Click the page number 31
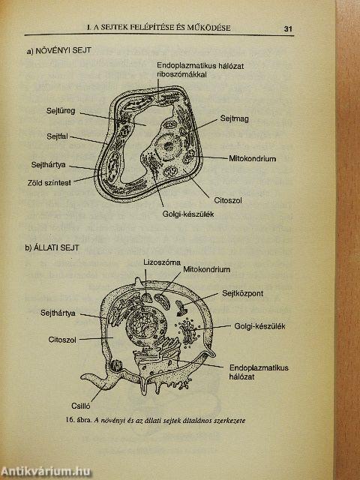tap(288, 28)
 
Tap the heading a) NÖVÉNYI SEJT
tap(59, 50)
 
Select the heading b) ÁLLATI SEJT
tap(52, 247)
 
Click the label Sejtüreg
tap(61, 110)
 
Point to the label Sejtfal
tap(57, 136)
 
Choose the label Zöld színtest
tap(49, 183)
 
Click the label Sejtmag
tap(234, 118)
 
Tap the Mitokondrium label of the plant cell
tap(253, 158)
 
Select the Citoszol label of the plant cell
tap(228, 200)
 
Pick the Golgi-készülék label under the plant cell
tap(188, 214)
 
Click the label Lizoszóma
tap(162, 262)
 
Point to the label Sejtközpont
tap(242, 293)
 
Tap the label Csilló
tap(81, 406)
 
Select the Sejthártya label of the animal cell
tap(58, 313)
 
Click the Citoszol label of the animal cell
tap(62, 340)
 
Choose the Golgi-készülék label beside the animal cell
tap(259, 326)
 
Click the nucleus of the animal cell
tap(142, 324)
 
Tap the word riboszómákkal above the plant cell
tap(181, 74)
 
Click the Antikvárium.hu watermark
tap(45, 471)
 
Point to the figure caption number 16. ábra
tap(79, 420)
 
